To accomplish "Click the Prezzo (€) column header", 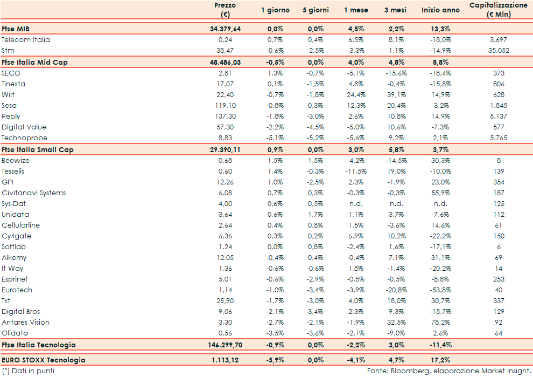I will [225, 10].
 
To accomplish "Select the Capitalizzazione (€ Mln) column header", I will [499, 10].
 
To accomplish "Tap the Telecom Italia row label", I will [26, 40].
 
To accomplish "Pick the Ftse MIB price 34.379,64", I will [225, 29].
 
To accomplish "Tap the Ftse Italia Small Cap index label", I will [37, 149].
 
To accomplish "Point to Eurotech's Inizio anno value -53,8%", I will [440, 290].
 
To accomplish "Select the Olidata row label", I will [15, 333].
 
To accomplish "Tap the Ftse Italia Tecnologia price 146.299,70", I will [222, 345].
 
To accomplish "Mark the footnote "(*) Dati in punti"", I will [28, 371].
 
